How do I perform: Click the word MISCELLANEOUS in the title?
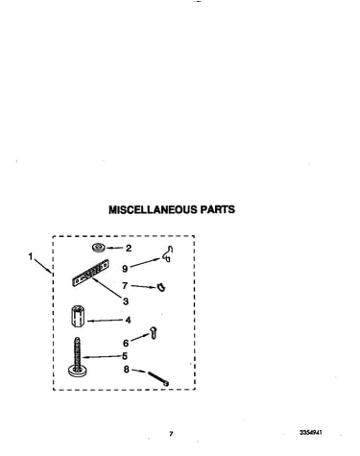click(x=154, y=209)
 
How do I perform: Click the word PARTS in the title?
click(x=218, y=209)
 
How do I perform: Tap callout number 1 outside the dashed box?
click(x=31, y=256)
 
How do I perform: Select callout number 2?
click(x=129, y=249)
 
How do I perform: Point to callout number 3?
click(x=126, y=301)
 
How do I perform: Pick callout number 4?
click(x=128, y=320)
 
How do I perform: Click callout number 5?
click(x=125, y=356)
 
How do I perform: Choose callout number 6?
click(x=126, y=343)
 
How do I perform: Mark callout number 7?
click(x=125, y=285)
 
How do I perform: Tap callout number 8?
click(x=127, y=370)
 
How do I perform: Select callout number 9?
click(x=125, y=269)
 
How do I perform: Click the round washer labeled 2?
click(x=99, y=248)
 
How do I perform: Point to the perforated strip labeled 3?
click(x=90, y=273)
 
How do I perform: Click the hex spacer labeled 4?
click(x=76, y=317)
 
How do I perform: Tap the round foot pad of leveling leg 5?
click(x=77, y=372)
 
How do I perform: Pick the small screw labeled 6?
click(x=154, y=333)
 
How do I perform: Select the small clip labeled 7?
click(x=161, y=287)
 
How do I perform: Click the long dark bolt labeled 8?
click(x=158, y=378)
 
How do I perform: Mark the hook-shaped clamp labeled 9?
click(x=167, y=254)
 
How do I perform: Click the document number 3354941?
click(x=311, y=433)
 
